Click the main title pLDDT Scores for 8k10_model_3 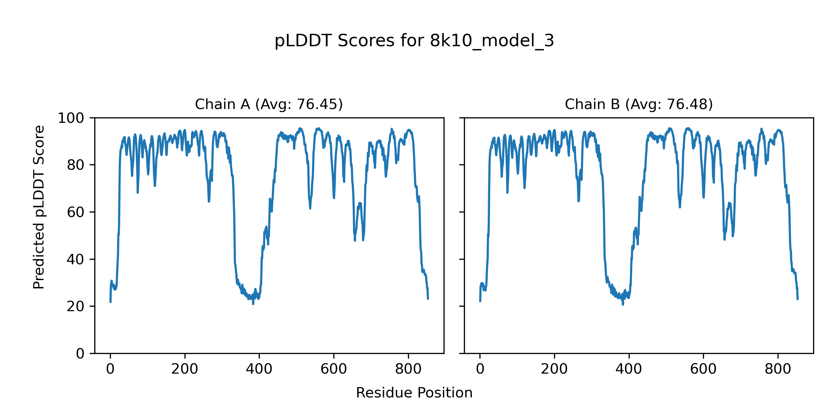(414, 41)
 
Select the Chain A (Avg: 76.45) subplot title (269, 104)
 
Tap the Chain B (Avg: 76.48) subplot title (639, 104)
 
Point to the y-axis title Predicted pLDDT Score (39, 207)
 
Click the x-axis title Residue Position (414, 393)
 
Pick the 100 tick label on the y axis (71, 118)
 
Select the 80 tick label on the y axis (76, 165)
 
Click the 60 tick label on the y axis (76, 212)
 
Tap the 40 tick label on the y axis (76, 259)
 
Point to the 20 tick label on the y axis (76, 306)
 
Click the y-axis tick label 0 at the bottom (80, 354)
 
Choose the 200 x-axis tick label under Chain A (185, 369)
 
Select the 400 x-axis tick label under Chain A (259, 369)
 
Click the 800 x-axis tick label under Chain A (408, 369)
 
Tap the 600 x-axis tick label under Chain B (703, 369)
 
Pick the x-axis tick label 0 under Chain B (480, 369)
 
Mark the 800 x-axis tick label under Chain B (778, 369)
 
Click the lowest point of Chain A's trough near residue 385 (253, 304)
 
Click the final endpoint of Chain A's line (428, 299)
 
